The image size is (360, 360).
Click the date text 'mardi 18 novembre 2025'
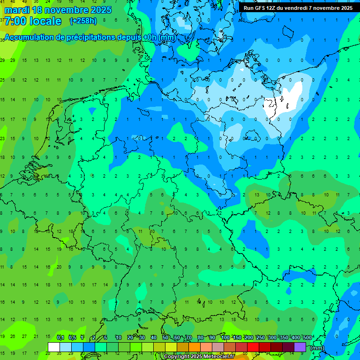coord(58,9)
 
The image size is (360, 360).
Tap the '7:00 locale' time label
coord(33,21)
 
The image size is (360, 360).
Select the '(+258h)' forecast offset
coord(83,21)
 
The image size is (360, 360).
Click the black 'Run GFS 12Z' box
coord(298,8)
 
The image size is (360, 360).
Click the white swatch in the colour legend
coord(54,347)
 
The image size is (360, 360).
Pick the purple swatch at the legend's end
coord(300,347)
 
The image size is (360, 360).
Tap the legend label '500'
coord(307,338)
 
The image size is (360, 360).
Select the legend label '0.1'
coord(60,338)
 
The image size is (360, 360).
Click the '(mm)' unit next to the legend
coord(317,348)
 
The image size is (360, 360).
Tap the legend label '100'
coord(225,338)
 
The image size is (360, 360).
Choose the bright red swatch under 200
coord(253,347)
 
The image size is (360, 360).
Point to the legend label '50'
coord(165,338)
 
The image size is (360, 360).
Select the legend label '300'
coord(272,338)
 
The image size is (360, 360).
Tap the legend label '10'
coord(119,338)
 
